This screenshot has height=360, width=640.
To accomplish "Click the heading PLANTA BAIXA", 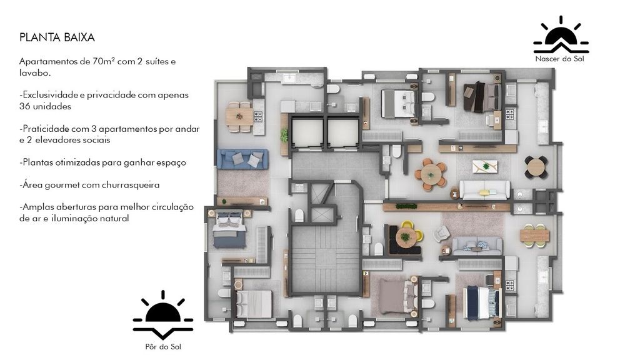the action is point(57,37).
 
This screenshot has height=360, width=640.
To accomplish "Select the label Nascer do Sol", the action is point(559,59).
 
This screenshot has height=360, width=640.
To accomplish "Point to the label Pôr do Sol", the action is point(163,347).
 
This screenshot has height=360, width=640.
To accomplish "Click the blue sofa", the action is point(243,159).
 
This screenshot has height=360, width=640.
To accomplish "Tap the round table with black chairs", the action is point(536,167).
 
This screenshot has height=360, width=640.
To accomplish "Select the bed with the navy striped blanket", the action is point(483,302).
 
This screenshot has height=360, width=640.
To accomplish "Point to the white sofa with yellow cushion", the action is point(484,190).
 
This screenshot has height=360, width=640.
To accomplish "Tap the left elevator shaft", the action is point(307,131).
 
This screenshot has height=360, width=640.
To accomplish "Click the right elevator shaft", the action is point(343,131).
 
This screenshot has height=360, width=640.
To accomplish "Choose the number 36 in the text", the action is point(24,106).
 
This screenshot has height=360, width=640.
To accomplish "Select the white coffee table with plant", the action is point(485,166).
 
